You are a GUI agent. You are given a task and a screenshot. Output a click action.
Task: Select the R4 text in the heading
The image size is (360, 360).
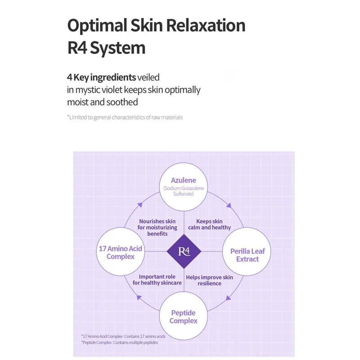(77, 48)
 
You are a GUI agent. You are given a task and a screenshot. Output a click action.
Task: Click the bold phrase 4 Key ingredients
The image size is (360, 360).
(101, 77)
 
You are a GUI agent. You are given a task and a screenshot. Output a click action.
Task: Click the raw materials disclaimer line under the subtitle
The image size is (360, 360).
(125, 117)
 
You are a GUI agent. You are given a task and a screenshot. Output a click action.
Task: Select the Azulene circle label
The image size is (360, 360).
(184, 180)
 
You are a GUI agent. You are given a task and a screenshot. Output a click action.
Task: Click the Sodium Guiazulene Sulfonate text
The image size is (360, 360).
(184, 190)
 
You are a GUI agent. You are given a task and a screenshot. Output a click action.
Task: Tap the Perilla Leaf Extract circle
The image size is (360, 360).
(247, 255)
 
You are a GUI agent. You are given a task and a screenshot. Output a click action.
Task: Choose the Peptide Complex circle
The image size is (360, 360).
(184, 317)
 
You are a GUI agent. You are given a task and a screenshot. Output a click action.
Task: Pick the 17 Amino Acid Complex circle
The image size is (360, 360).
(121, 252)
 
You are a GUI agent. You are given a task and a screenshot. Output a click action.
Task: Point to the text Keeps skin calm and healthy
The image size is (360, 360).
(209, 225)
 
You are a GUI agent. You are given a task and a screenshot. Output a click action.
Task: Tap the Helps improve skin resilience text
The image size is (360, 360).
(210, 280)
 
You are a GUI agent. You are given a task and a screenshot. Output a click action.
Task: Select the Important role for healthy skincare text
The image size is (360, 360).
(157, 280)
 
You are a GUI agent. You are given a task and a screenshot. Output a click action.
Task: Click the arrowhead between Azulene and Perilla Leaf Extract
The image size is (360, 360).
(229, 205)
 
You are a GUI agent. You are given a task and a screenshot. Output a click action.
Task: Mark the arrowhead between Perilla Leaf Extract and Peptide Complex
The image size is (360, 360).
(229, 297)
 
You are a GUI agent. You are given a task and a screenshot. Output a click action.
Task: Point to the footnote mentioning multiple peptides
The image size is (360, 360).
(120, 342)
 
